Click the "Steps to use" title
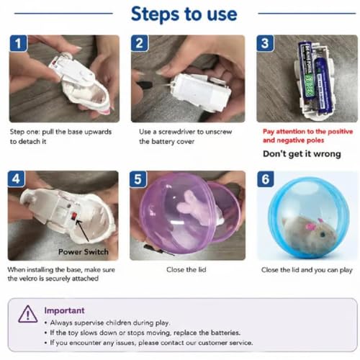pos(184,14)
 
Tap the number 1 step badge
pos(18,43)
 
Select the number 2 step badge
pos(140,43)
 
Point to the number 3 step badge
pos(265,43)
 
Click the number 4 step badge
pos(16,179)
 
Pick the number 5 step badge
pos(138,179)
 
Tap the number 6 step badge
pos(266,179)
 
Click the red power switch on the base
pos(74,216)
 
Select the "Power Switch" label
pos(84,252)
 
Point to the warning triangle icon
pos(28,314)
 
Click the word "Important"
pos(64,310)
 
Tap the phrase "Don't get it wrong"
pos(302,154)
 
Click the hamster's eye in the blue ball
pos(323,234)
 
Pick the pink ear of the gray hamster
pos(310,227)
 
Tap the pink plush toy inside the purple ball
pos(192,207)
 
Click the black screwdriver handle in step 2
pos(144,84)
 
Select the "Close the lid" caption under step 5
pos(186,270)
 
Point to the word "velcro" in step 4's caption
pos(27,279)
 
